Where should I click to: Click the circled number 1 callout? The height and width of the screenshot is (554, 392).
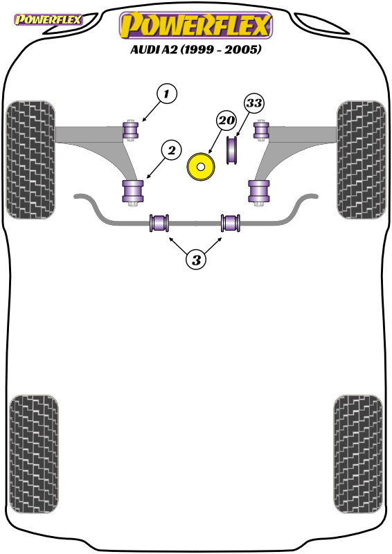(x=166, y=93)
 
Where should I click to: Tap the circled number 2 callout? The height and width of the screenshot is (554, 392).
(x=172, y=150)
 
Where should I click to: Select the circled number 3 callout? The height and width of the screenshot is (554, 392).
(x=196, y=260)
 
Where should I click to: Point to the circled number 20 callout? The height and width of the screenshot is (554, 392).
(x=226, y=120)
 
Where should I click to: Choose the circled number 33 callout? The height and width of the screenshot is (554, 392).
(x=254, y=103)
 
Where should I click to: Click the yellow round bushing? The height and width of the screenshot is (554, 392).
(x=201, y=167)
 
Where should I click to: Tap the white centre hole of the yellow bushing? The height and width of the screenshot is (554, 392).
(x=201, y=167)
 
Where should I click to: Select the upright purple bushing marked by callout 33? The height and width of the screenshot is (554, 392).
(x=232, y=150)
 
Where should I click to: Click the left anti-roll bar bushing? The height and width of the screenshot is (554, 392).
(x=159, y=222)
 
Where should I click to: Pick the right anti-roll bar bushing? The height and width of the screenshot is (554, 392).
(x=231, y=222)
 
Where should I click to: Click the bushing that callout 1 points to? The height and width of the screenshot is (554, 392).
(x=131, y=130)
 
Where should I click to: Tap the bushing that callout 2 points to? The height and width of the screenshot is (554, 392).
(x=133, y=192)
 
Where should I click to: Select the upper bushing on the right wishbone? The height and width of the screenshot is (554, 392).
(x=261, y=130)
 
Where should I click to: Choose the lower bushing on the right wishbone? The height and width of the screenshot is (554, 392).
(x=259, y=192)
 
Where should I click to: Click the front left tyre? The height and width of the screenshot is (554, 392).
(x=30, y=160)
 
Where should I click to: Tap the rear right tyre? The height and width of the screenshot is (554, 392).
(x=358, y=454)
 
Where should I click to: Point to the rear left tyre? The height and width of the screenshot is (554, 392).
(x=33, y=454)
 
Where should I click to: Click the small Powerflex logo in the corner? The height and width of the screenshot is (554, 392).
(x=48, y=19)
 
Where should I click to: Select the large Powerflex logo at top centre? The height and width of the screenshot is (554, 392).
(x=196, y=25)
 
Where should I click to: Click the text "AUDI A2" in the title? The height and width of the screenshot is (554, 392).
(x=154, y=49)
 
